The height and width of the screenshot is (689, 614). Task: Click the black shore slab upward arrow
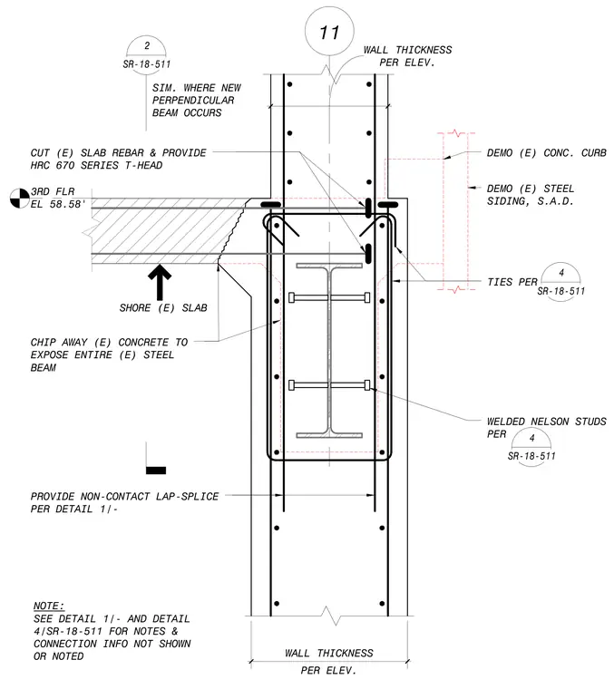click(160, 282)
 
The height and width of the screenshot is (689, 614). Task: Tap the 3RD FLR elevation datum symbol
click(19, 199)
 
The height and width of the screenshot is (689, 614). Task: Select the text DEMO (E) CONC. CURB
click(546, 153)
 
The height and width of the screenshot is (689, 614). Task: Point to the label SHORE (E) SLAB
click(163, 307)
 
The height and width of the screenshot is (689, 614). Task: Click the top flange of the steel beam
click(329, 266)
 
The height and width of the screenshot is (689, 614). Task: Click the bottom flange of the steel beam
click(329, 435)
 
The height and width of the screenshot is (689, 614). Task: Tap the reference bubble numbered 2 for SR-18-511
click(146, 53)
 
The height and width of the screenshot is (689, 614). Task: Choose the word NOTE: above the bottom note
click(49, 606)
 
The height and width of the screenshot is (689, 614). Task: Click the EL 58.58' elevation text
click(57, 204)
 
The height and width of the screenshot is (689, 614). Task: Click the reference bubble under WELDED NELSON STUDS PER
click(531, 447)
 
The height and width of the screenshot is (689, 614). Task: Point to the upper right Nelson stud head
click(367, 297)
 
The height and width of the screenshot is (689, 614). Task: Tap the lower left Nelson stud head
click(291, 385)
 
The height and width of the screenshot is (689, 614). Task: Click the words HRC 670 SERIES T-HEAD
click(96, 165)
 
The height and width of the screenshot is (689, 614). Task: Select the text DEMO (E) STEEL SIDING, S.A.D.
click(530, 195)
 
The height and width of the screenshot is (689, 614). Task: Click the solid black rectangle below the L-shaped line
click(156, 471)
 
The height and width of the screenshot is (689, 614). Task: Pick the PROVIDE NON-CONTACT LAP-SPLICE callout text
click(124, 502)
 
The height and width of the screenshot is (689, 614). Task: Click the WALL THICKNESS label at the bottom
click(328, 654)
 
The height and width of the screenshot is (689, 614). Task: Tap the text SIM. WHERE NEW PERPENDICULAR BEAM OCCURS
click(197, 101)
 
